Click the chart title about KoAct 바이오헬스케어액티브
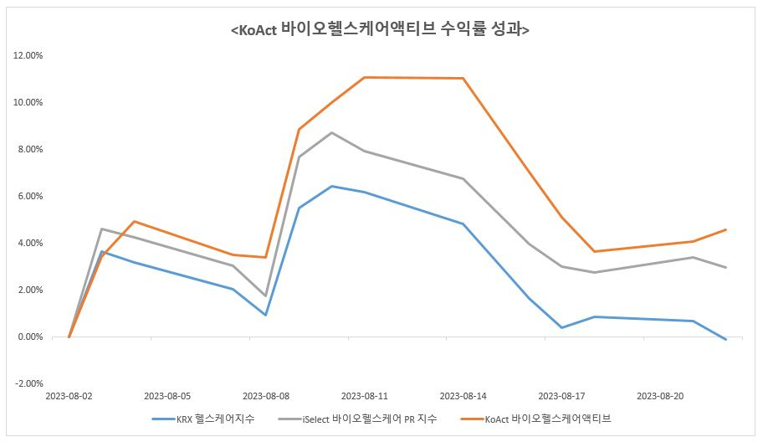click(381, 29)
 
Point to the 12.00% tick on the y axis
click(28, 56)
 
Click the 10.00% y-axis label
click(28, 103)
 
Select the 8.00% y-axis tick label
click(30, 150)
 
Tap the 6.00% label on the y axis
click(30, 197)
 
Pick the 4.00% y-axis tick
click(30, 244)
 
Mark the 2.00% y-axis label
click(30, 290)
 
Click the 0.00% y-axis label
click(30, 337)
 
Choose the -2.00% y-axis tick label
click(28, 384)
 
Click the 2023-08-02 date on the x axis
click(69, 396)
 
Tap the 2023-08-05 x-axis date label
click(167, 396)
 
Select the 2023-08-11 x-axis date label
click(365, 396)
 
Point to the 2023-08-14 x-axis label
click(463, 396)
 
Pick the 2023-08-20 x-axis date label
click(661, 396)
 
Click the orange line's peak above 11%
click(365, 78)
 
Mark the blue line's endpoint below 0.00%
click(726, 339)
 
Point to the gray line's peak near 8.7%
click(332, 133)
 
